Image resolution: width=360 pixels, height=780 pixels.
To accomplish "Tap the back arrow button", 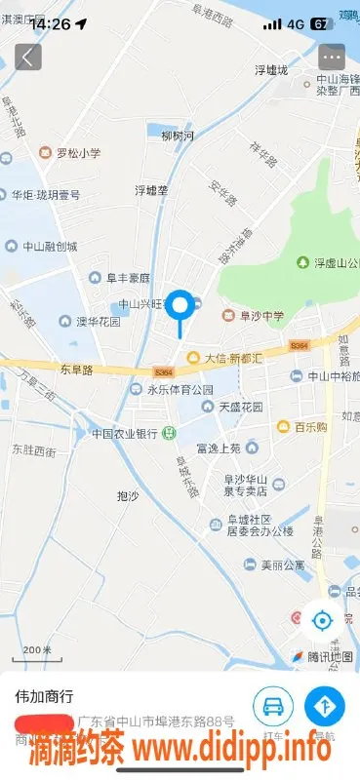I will pyautogui.click(x=27, y=57).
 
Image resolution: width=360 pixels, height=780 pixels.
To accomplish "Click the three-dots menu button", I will pyautogui.click(x=332, y=57).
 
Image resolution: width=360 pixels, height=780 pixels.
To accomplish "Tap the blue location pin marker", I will pyautogui.click(x=180, y=307).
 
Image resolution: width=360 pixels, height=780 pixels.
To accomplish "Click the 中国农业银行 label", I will pyautogui.click(x=125, y=433).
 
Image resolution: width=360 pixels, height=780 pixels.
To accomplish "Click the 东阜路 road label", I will pyautogui.click(x=76, y=370).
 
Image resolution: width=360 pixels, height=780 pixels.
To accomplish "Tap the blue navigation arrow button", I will pyautogui.click(x=325, y=706).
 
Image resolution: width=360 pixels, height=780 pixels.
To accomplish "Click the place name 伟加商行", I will pyautogui.click(x=43, y=697).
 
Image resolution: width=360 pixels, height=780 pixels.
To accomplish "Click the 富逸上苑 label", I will pyautogui.click(x=218, y=448).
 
